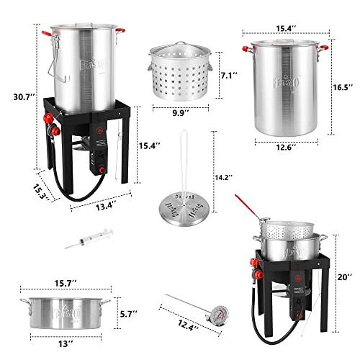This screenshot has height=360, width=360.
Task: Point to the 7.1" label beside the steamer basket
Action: click(x=228, y=75)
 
